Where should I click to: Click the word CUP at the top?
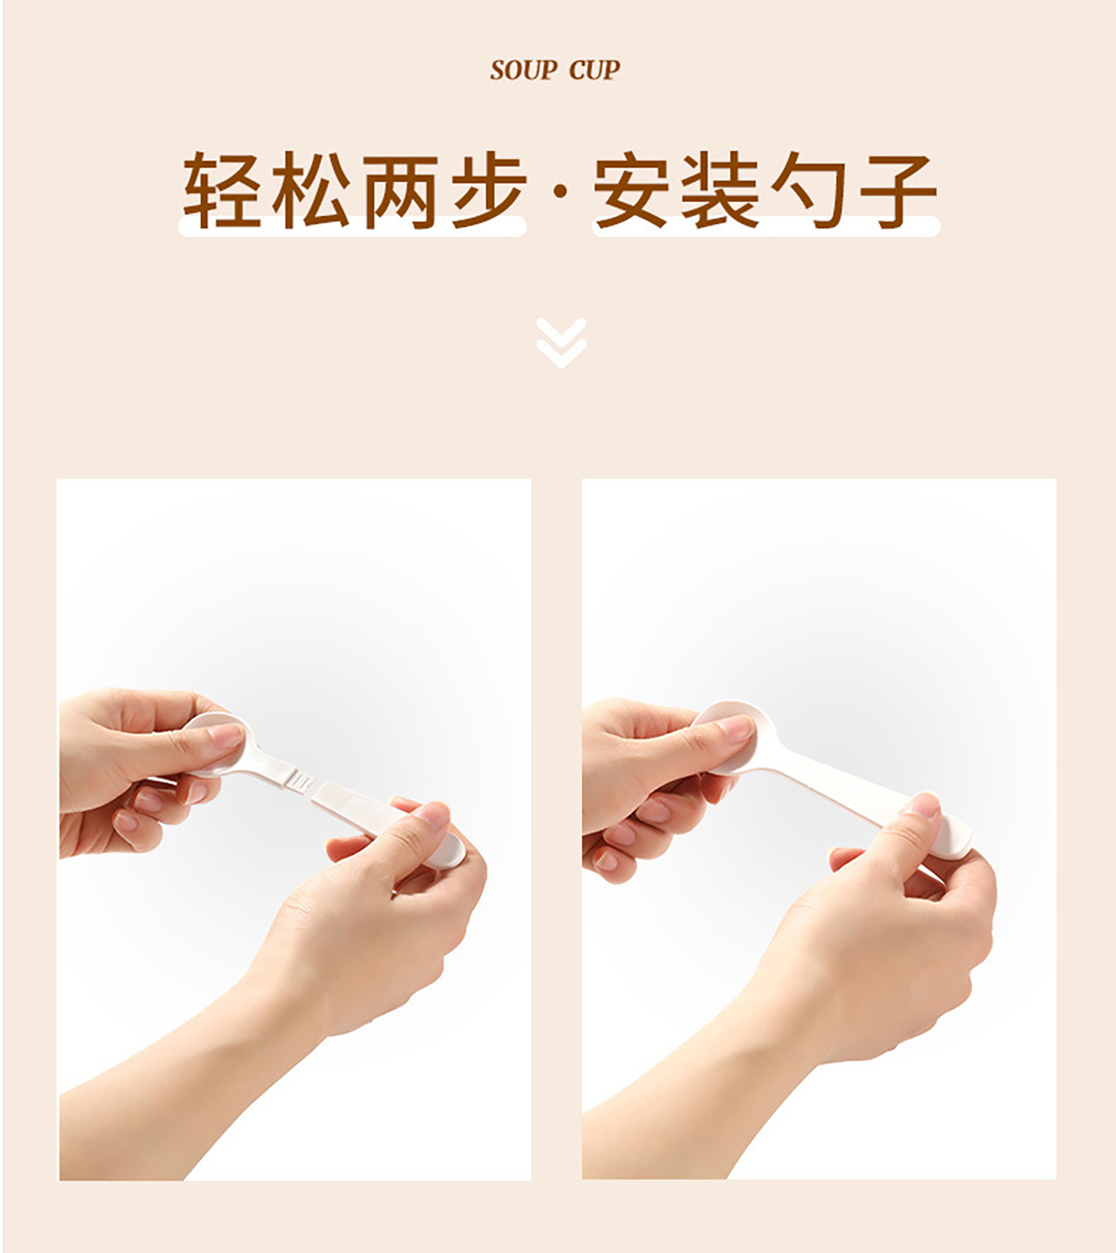coord(594,71)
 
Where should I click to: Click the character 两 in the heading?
coord(400,189)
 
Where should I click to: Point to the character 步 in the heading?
coord(489,189)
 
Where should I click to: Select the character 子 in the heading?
coord(898,189)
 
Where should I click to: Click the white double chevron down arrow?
coord(561,342)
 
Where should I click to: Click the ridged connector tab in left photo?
coord(299,781)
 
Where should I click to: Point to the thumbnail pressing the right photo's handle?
coord(921,806)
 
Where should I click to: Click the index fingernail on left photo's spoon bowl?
coord(225,735)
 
